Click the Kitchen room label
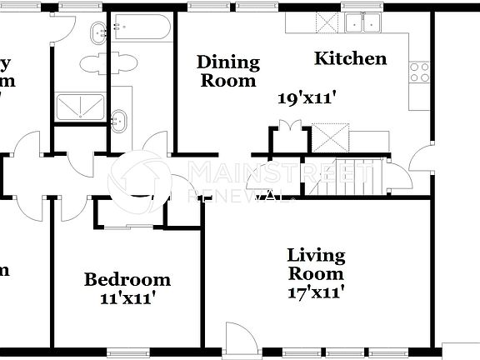(350, 58)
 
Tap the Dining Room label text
(227, 71)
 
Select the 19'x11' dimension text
(312, 97)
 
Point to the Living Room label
(316, 264)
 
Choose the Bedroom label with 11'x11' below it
(127, 279)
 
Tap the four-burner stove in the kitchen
(419, 72)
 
